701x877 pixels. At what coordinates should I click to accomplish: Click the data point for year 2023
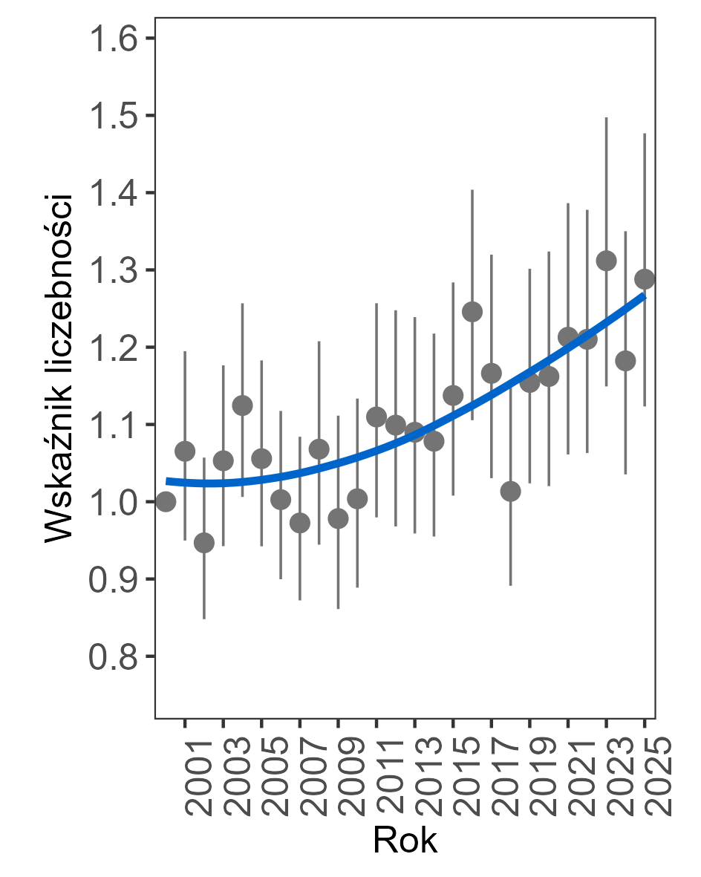tap(607, 261)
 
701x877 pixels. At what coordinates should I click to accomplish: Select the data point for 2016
tap(472, 312)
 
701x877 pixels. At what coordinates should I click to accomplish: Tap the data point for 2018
tap(510, 491)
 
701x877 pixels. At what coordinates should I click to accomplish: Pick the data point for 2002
tap(204, 543)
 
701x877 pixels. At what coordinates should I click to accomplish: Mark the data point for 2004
tap(242, 405)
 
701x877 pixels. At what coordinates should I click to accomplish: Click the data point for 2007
tap(300, 524)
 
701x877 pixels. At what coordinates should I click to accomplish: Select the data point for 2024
tap(625, 361)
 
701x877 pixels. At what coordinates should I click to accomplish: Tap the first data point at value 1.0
tap(166, 502)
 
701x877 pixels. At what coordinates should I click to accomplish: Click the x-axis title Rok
tap(405, 841)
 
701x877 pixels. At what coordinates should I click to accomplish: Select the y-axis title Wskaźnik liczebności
tap(57, 368)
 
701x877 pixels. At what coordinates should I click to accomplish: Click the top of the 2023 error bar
tap(607, 118)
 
